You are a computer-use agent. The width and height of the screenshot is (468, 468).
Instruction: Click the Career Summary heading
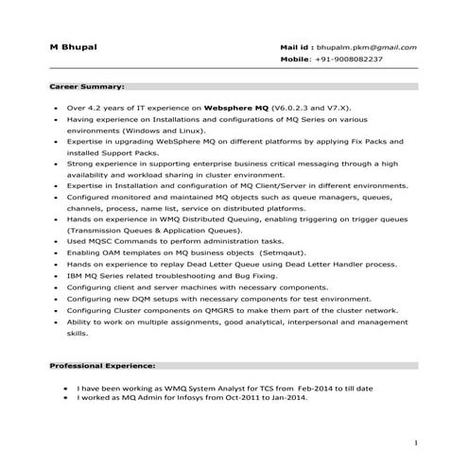[x=87, y=85]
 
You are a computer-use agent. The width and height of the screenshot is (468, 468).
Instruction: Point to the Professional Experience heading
[x=103, y=364]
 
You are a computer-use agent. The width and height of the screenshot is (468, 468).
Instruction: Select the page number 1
[x=416, y=442]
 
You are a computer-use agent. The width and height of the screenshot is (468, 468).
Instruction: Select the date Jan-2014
[x=287, y=398]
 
